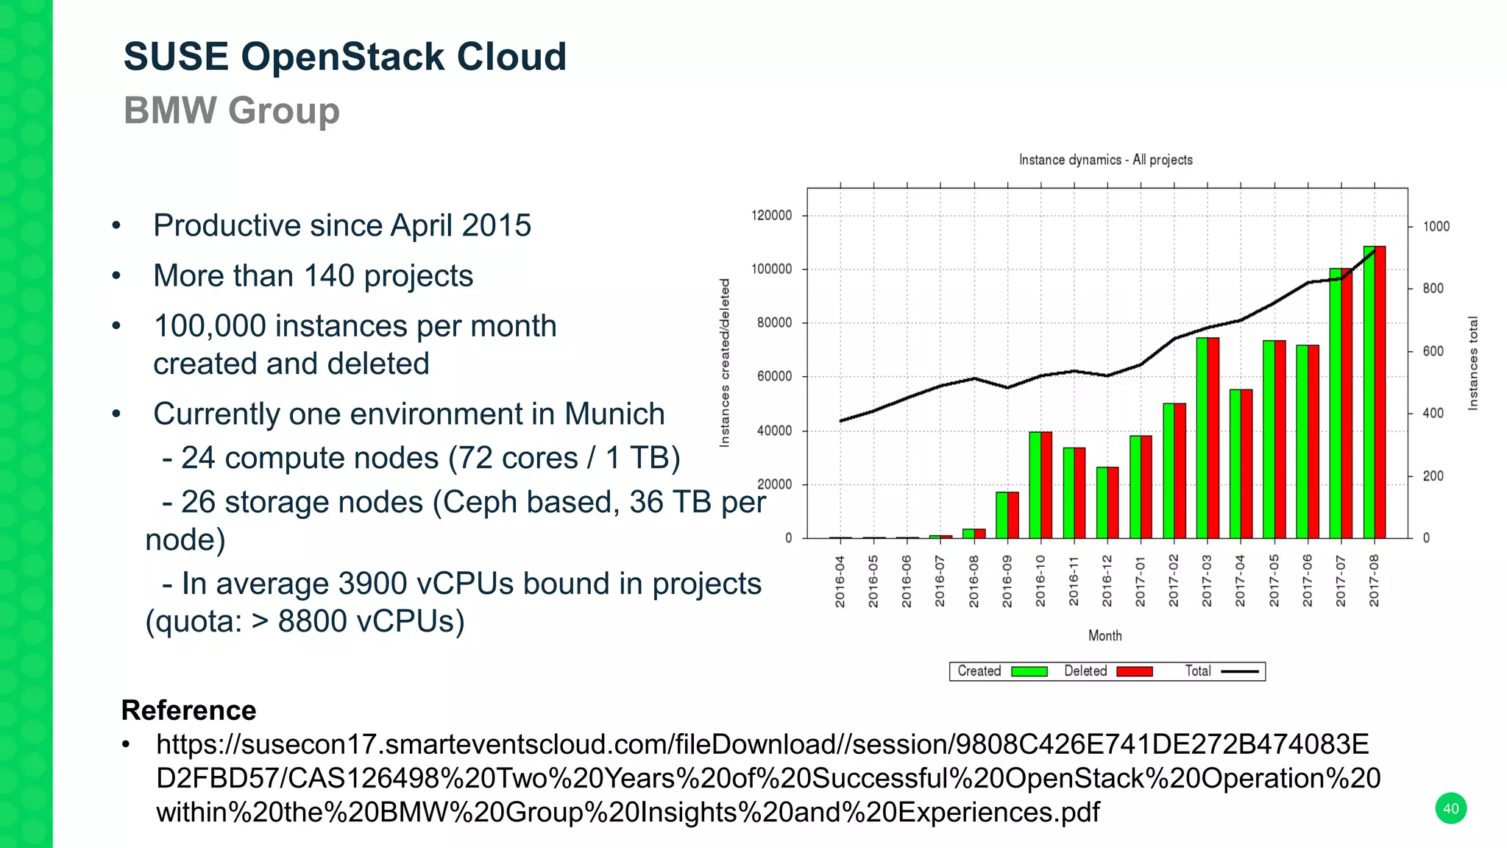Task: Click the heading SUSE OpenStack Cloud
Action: coord(344,57)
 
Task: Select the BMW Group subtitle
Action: coord(231,110)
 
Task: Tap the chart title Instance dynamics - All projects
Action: coord(1105,160)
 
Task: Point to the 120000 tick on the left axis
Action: coord(771,216)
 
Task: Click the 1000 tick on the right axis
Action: coord(1436,227)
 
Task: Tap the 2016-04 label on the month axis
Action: coord(840,582)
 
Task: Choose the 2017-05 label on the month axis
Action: coord(1274,582)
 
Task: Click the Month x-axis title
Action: coord(1104,635)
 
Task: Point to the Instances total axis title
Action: coord(1472,363)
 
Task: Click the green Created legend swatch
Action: coord(1029,671)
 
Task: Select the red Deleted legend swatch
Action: coord(1134,671)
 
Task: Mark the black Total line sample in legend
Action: coord(1239,671)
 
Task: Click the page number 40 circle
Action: coord(1450,808)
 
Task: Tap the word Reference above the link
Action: coord(188,710)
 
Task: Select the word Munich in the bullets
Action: coord(614,414)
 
